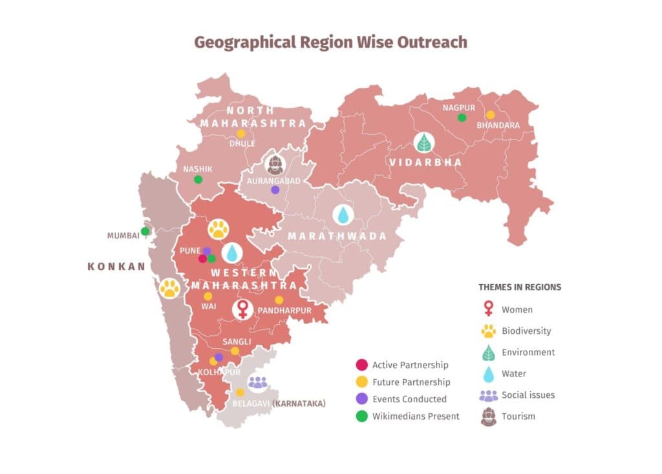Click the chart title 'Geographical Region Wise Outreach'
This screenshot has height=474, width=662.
[x=330, y=43]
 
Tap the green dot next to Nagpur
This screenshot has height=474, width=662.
[x=462, y=118]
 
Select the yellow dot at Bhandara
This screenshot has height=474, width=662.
[x=490, y=115]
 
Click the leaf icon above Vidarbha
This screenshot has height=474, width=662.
[x=424, y=142]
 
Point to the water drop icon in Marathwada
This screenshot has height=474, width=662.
[x=343, y=215]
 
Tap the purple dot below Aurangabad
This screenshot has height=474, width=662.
[x=275, y=190]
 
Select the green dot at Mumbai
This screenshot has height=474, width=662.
[x=145, y=231]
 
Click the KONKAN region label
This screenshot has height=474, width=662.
[x=116, y=266]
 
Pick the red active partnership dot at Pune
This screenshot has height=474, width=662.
[x=202, y=258]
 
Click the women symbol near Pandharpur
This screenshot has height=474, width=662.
[x=242, y=309]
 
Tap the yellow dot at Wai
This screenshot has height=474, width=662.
[x=208, y=296]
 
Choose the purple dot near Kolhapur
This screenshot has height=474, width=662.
[x=219, y=357]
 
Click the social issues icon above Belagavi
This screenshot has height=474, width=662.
[x=257, y=383]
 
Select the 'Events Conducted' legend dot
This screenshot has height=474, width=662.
[x=362, y=399]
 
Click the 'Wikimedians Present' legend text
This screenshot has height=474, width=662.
[x=416, y=417]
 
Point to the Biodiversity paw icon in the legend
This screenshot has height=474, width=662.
[x=488, y=331]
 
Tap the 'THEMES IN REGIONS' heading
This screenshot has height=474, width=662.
[x=520, y=287]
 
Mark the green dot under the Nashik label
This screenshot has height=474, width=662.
[x=198, y=180]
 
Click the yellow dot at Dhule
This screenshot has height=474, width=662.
[x=241, y=134]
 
